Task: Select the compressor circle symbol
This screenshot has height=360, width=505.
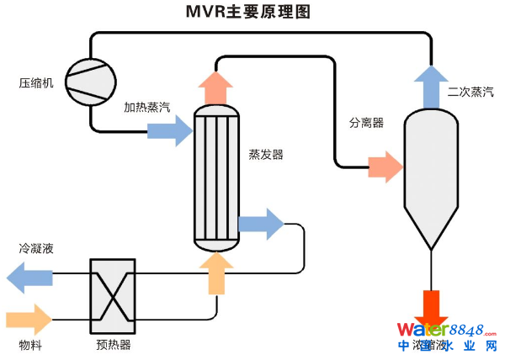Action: click(90, 81)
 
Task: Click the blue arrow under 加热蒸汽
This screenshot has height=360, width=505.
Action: click(170, 130)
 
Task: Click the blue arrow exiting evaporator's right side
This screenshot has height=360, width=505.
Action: click(261, 224)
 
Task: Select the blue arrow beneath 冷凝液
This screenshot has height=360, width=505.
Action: click(29, 275)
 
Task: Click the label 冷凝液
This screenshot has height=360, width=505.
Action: click(36, 249)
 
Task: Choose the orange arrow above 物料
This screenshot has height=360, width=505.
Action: click(29, 320)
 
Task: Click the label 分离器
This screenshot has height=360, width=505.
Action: click(366, 123)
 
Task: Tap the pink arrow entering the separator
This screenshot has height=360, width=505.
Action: click(386, 166)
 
